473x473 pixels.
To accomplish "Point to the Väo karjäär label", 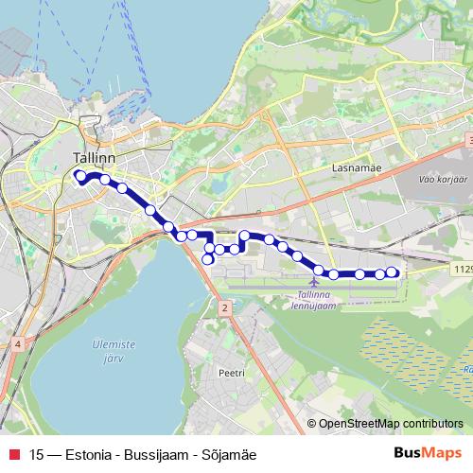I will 442,178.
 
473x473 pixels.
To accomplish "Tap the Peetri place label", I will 231,374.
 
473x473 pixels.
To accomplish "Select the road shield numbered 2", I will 224,307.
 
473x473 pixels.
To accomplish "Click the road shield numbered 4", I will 17,344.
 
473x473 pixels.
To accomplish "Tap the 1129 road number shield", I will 461,270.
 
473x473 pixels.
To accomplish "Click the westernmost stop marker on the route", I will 80,175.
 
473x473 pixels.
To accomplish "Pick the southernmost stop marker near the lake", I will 208,259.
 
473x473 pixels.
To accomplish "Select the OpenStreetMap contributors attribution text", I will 391,424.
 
